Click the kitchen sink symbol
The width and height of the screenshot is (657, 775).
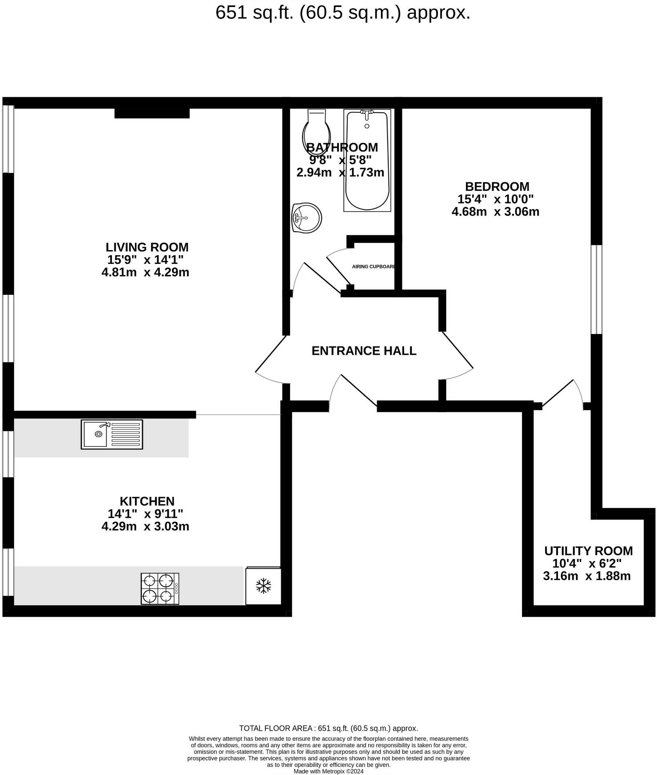112,434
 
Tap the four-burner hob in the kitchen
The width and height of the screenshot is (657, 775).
160,589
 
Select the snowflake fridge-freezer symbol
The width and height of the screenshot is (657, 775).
263,586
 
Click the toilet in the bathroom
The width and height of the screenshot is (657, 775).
317,131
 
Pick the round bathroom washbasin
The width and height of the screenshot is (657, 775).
306,218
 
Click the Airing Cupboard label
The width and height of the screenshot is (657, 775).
373,267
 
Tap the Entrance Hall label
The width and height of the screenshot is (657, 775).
364,351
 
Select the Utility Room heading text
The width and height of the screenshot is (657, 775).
588,551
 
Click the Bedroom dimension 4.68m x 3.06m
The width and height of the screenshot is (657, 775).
495,212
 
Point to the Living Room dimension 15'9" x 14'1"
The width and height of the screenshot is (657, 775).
145,260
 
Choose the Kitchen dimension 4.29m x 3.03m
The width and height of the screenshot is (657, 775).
145,526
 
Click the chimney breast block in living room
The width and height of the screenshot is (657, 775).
152,113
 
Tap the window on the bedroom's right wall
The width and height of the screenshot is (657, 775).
596,289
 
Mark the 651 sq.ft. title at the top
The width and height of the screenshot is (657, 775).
343,13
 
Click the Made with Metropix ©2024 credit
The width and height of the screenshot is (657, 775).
328,771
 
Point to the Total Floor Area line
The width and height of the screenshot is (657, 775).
328,728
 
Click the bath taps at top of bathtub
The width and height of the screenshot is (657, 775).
366,113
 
